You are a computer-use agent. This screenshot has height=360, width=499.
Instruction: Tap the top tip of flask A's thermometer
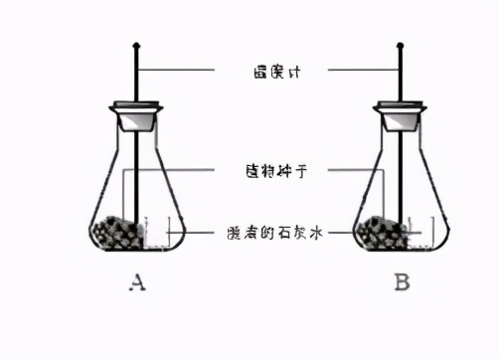[x=136, y=45]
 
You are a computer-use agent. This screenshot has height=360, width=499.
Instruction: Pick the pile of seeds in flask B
[x=381, y=234]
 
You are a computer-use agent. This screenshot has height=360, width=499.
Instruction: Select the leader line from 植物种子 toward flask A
[x=189, y=170]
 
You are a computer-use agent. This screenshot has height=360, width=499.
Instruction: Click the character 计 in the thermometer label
[x=293, y=71]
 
